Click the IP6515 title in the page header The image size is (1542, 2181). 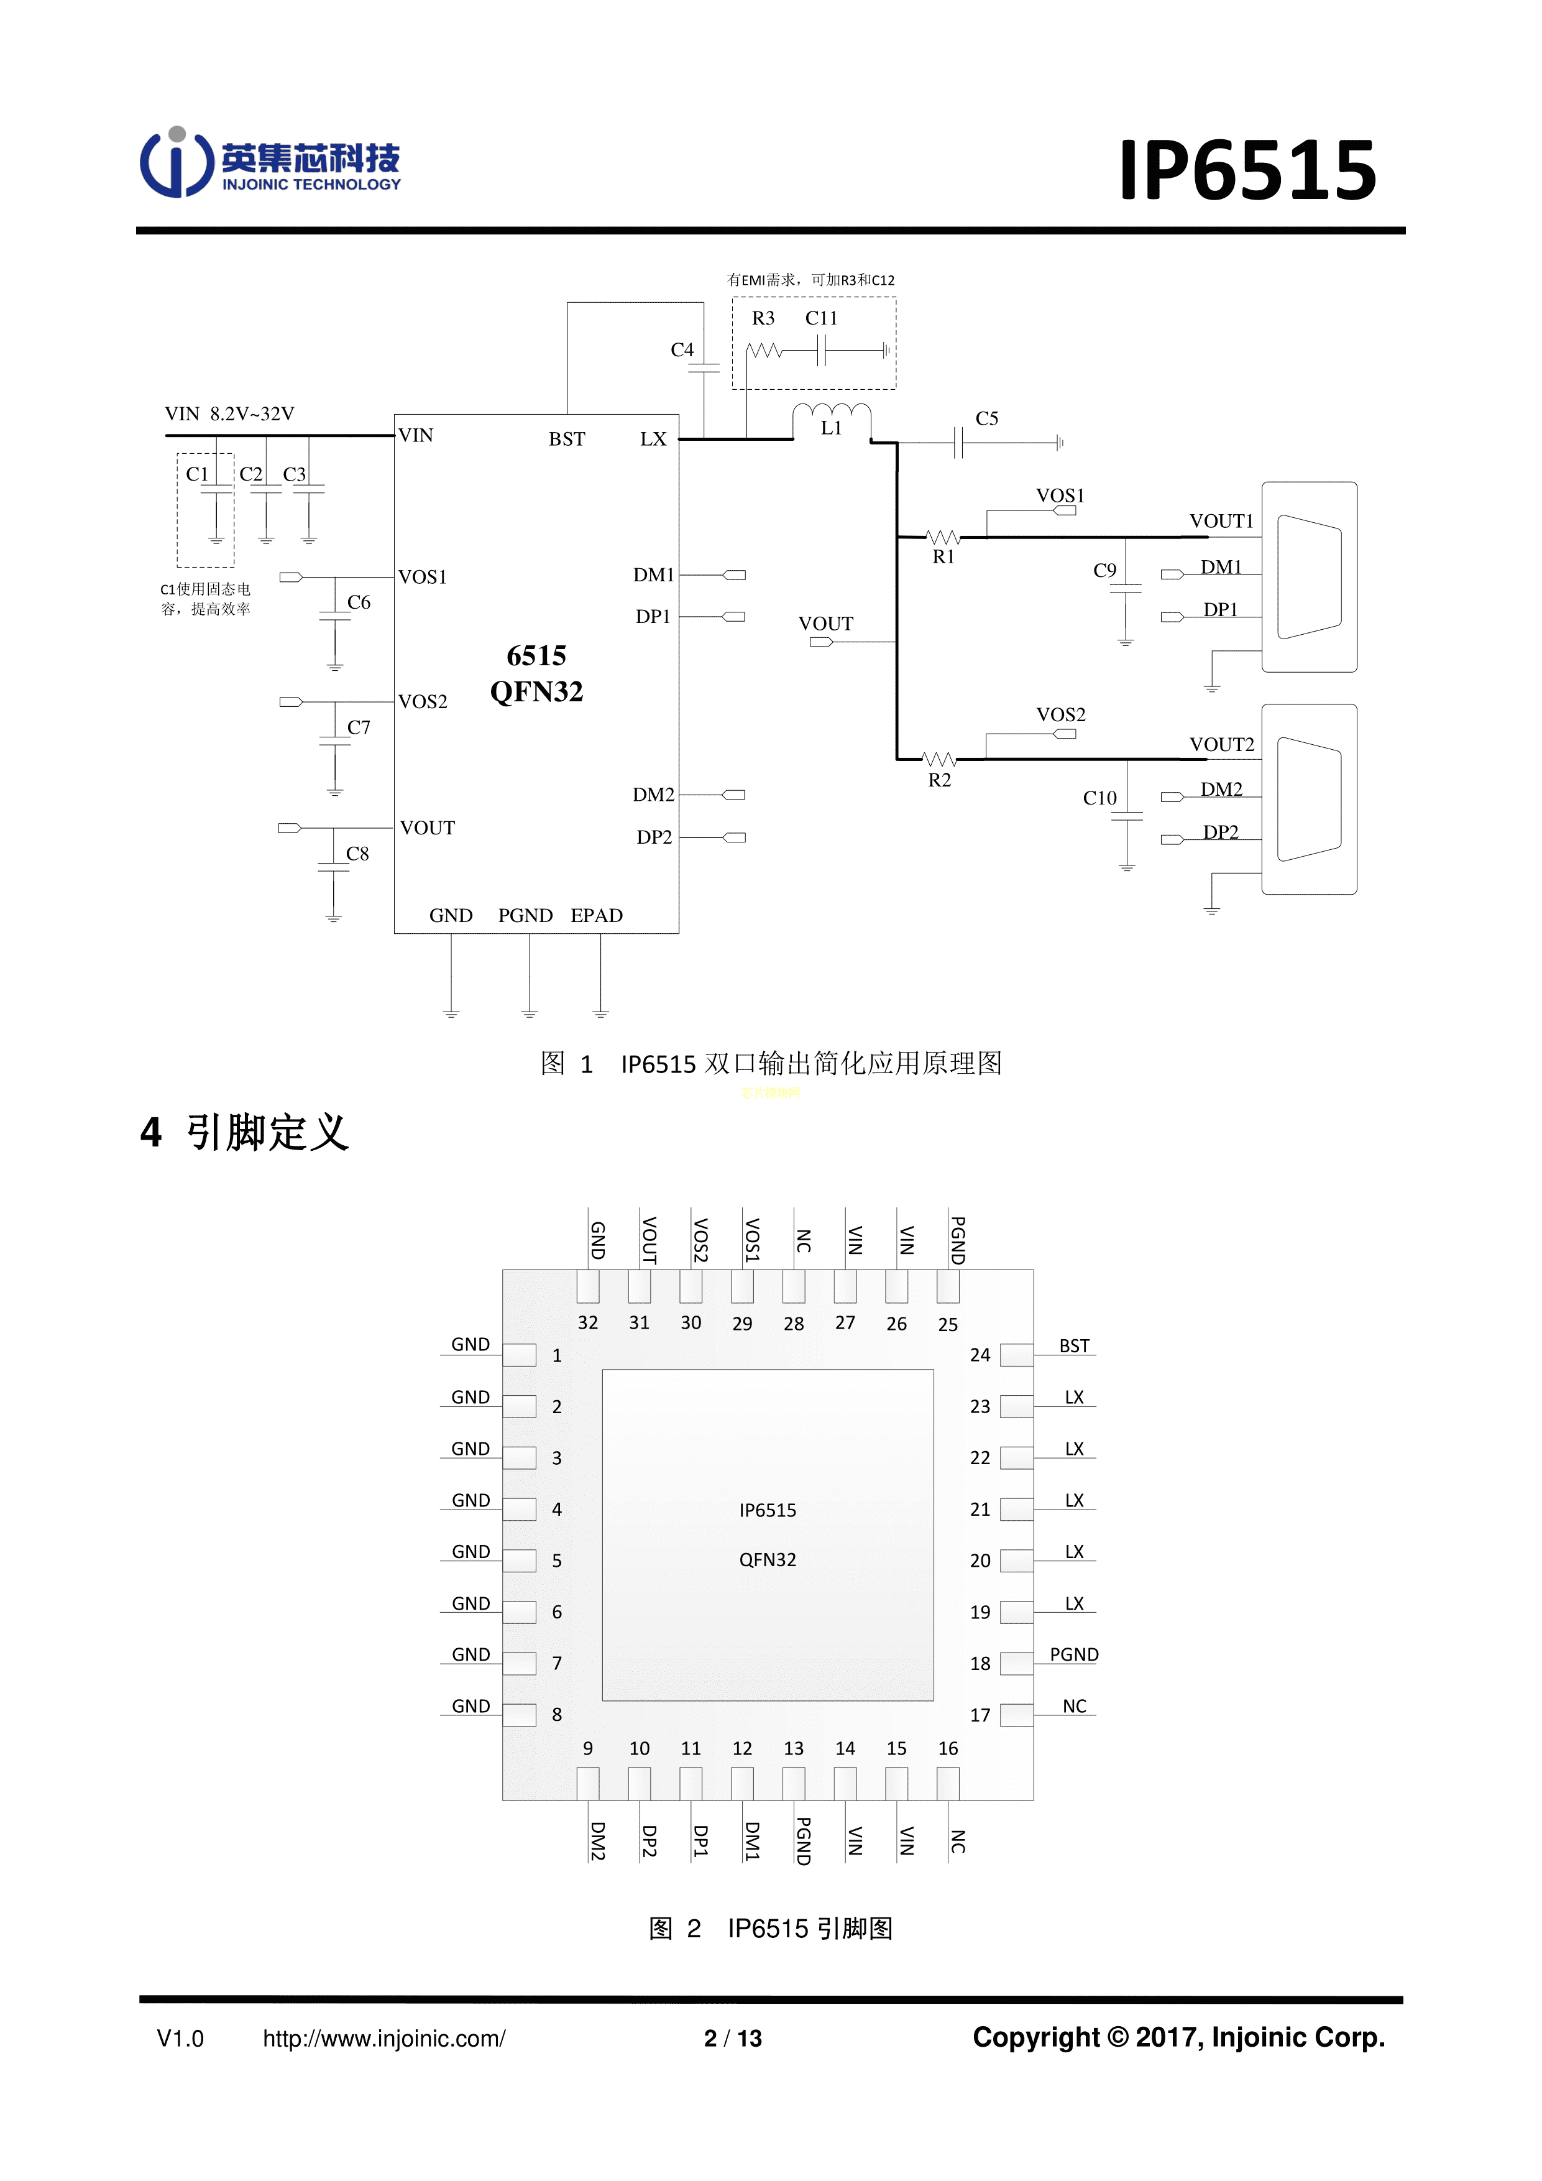click(x=1247, y=171)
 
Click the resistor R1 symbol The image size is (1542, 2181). click(x=943, y=538)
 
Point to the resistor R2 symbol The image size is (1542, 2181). click(x=939, y=759)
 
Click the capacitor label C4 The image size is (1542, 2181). click(x=682, y=349)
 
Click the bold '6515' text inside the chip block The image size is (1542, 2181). click(x=536, y=655)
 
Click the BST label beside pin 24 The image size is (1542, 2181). click(x=1074, y=1346)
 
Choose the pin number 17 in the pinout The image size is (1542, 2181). click(x=980, y=1715)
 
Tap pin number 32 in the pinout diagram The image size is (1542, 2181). click(x=588, y=1322)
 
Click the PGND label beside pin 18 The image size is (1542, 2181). click(x=1074, y=1655)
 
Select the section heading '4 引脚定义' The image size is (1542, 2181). click(x=245, y=1132)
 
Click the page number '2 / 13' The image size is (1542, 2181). click(x=732, y=2039)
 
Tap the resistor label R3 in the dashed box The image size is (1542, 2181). click(x=763, y=318)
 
